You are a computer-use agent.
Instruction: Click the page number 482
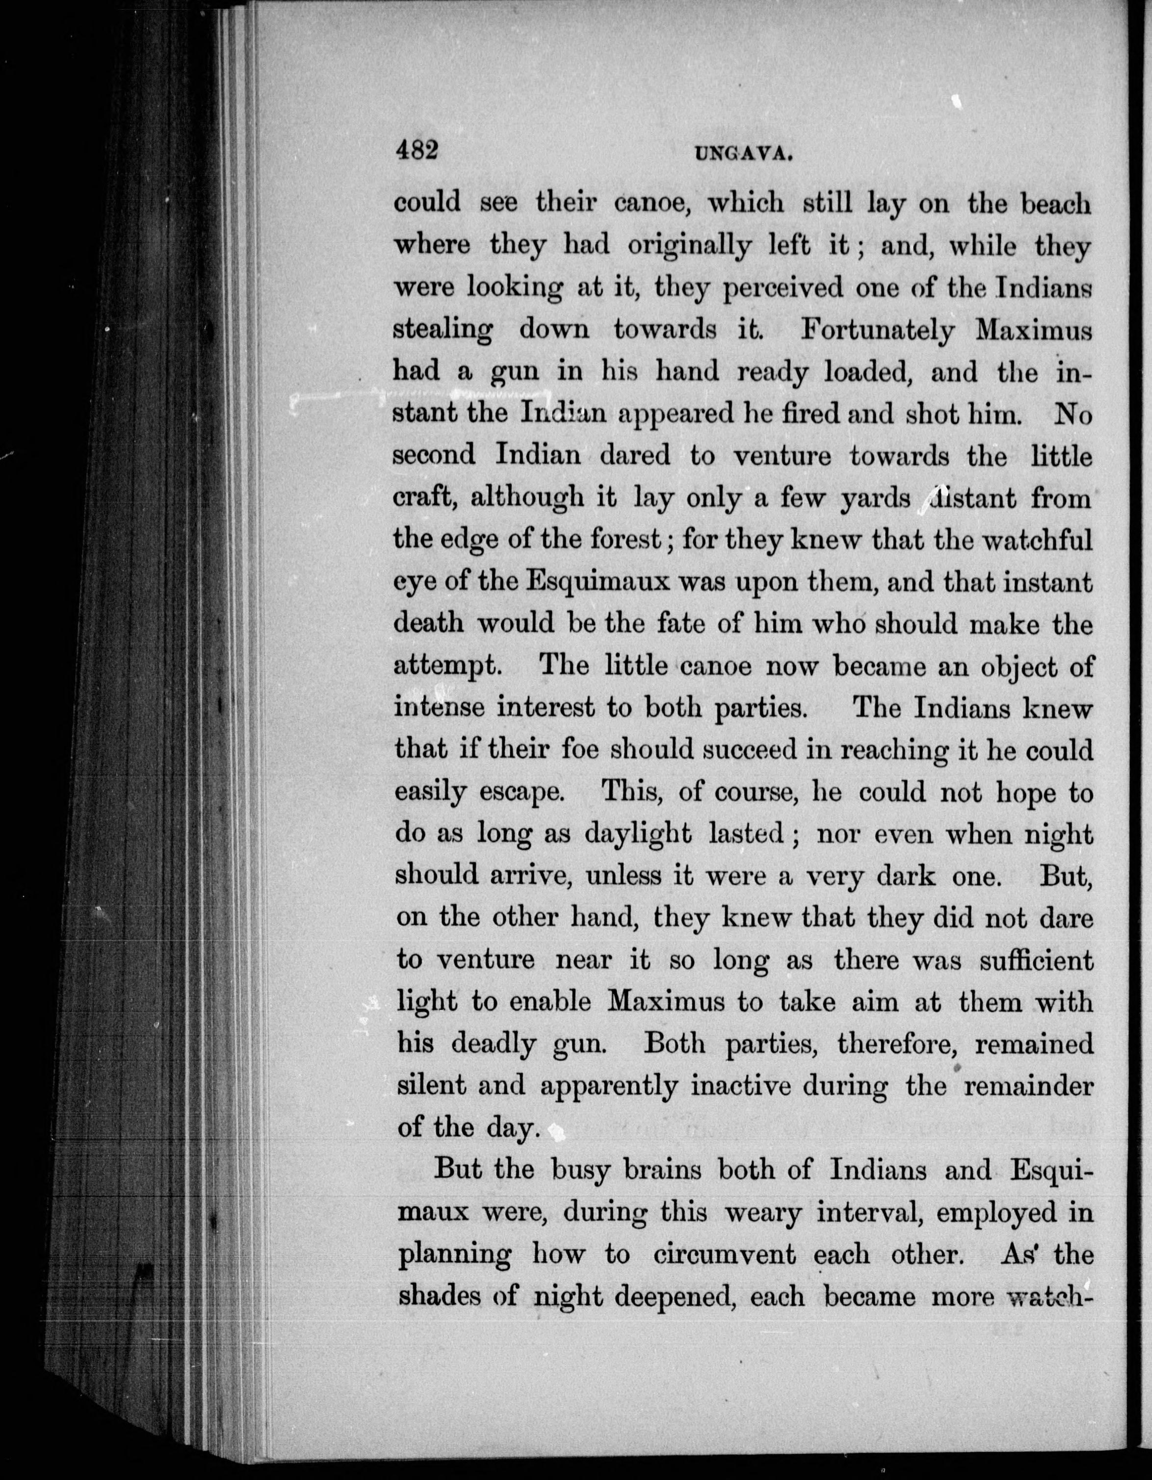(417, 151)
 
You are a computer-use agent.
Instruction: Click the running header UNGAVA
(743, 155)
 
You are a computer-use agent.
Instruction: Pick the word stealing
(443, 331)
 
